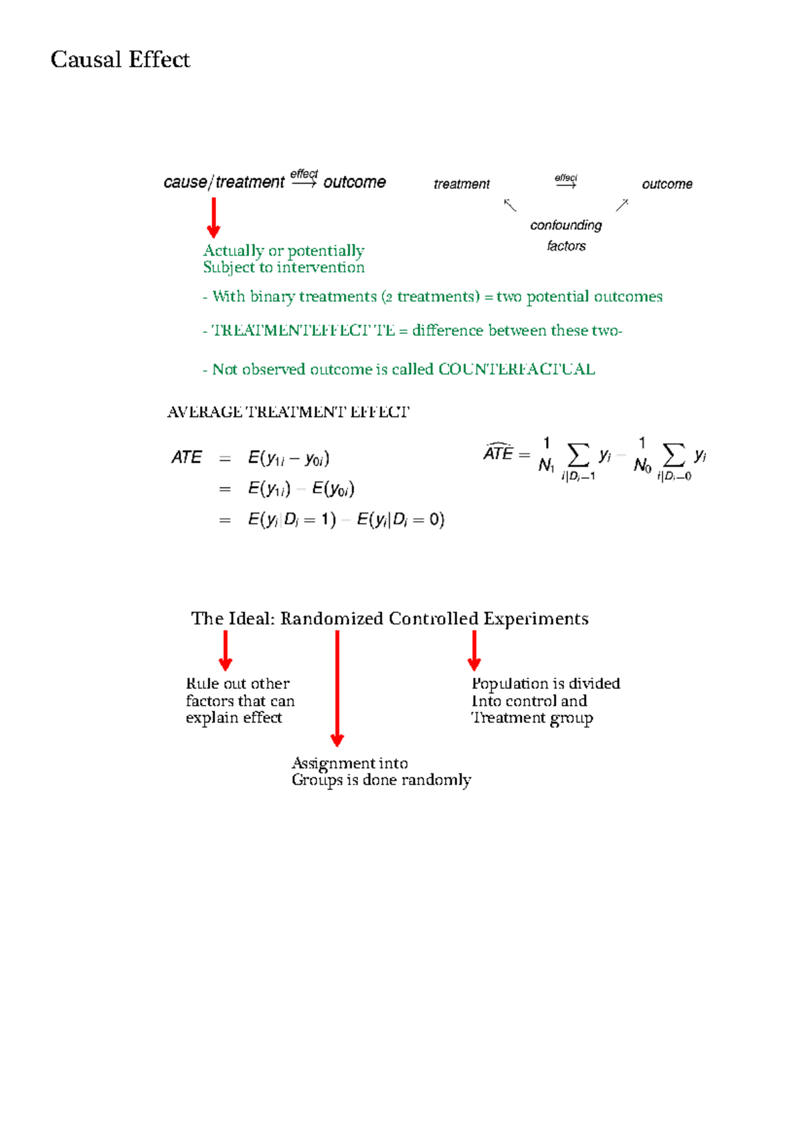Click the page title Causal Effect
click(120, 60)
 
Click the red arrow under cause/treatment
click(213, 218)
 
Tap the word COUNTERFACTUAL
click(517, 370)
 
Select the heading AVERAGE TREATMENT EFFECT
click(288, 412)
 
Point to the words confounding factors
click(566, 235)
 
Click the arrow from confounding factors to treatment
click(510, 205)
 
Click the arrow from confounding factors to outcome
click(622, 205)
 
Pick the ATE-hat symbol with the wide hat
click(499, 453)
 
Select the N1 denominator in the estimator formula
click(546, 465)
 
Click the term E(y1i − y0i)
click(288, 458)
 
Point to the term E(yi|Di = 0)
click(400, 520)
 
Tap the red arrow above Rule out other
click(226, 650)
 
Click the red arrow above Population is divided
click(474, 650)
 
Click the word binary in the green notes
click(272, 297)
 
